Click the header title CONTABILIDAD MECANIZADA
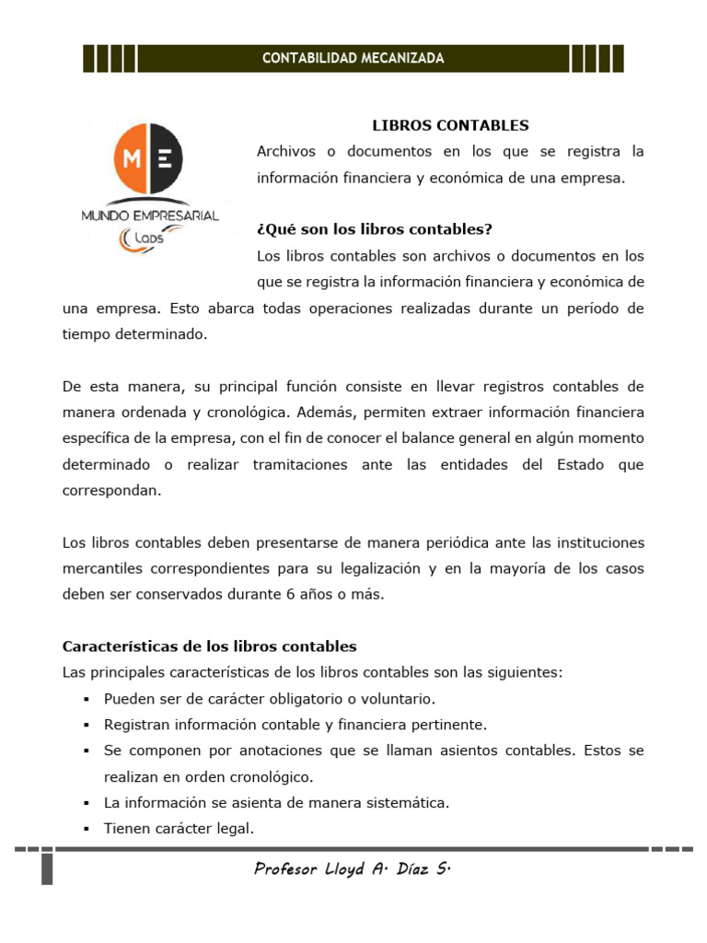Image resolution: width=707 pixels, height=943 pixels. (353, 58)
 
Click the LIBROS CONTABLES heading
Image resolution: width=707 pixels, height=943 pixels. (450, 125)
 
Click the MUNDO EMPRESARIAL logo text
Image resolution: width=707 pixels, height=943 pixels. (150, 215)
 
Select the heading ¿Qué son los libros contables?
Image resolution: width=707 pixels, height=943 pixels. (375, 229)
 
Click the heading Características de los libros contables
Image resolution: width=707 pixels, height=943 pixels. (209, 646)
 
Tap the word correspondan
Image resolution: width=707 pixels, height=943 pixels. (111, 491)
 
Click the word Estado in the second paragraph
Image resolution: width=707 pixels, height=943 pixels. (551, 465)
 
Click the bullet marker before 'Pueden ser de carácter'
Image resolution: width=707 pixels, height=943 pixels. (86, 700)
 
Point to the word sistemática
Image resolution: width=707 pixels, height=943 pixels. (408, 803)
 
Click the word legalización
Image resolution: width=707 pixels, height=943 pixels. (377, 569)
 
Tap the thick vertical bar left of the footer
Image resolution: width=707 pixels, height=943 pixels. (47, 867)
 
